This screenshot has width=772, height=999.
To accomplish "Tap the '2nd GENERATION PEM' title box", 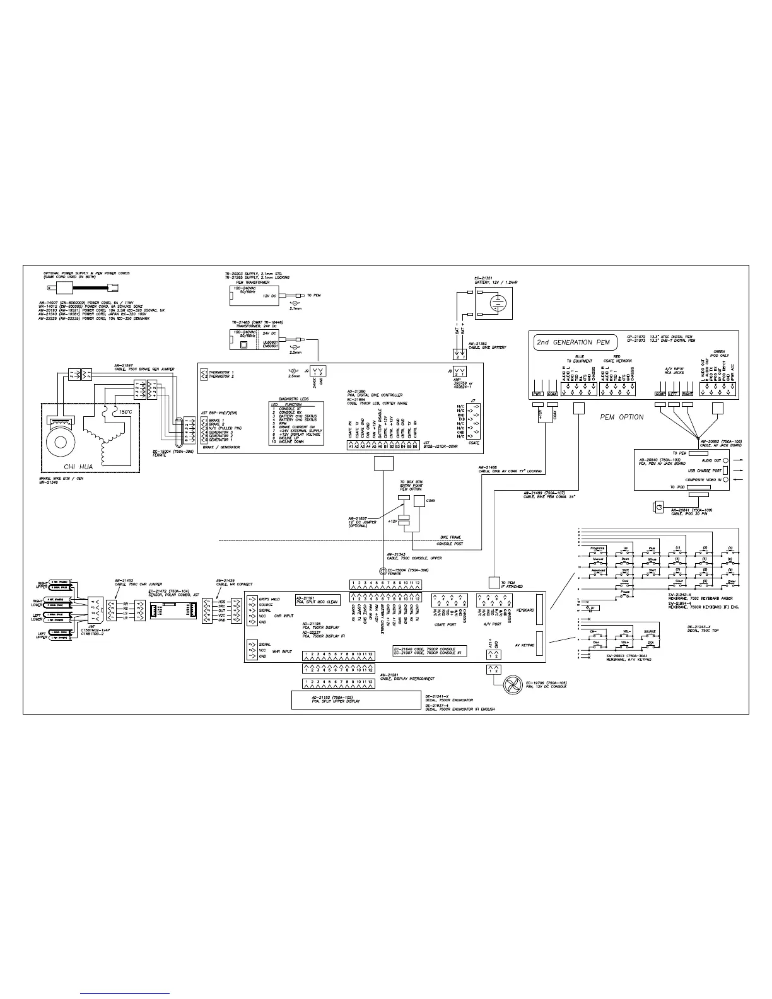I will click(x=573, y=342).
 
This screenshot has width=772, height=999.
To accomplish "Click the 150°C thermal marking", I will click(x=126, y=411).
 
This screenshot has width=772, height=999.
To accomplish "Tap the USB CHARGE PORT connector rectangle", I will click(x=725, y=470).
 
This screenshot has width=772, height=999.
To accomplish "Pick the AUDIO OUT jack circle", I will click(x=725, y=461).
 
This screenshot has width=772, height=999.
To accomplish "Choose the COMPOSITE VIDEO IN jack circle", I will click(x=725, y=480).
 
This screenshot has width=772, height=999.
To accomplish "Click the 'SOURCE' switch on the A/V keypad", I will click(x=650, y=633).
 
